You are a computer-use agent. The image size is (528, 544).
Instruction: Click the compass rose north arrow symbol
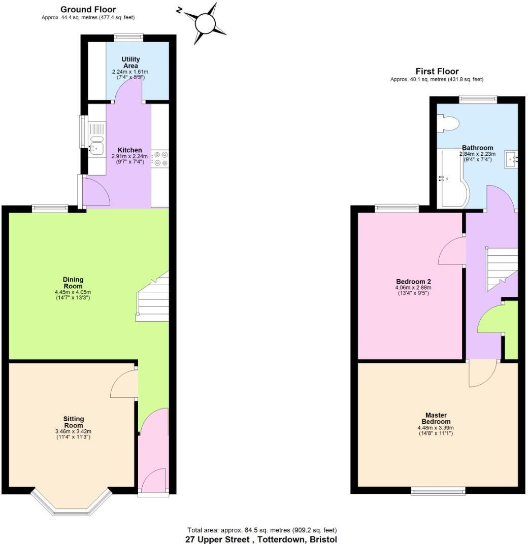205,23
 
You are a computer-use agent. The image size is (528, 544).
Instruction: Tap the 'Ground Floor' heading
88,9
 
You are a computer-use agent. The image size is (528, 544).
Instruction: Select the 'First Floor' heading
437,72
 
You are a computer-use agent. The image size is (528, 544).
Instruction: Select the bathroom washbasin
511,159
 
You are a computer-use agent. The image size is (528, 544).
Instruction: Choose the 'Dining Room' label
73,283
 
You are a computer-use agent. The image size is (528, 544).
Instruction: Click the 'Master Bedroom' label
436,419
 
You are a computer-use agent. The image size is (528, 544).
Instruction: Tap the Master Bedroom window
438,490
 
